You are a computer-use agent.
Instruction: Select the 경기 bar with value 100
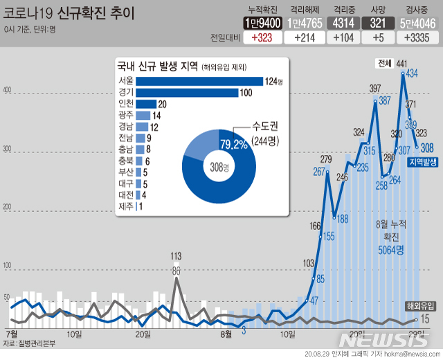pos(186,93)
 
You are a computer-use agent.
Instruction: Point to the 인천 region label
pos(126,104)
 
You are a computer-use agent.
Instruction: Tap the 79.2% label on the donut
pos(233,144)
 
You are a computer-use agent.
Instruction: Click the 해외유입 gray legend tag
pos(421,305)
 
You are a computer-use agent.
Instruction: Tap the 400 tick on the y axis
pos(8,91)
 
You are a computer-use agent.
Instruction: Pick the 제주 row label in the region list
pos(126,206)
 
